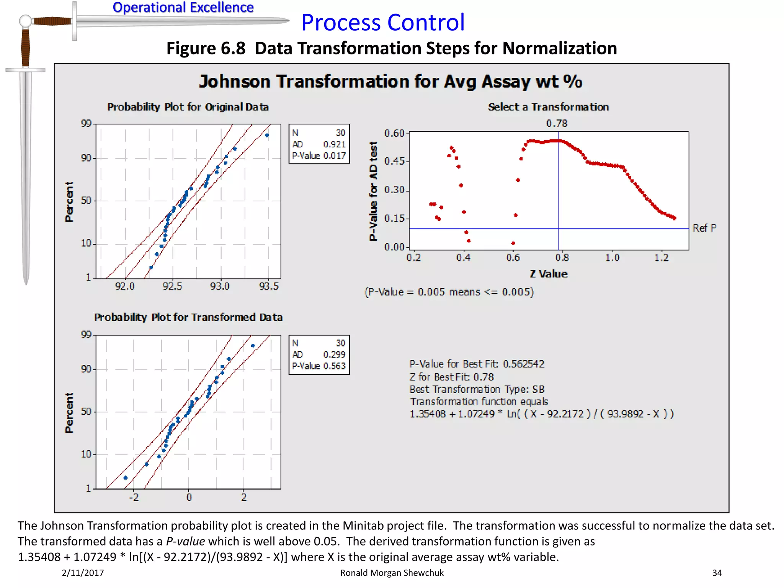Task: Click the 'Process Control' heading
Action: click(x=383, y=22)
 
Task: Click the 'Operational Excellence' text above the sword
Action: click(x=183, y=7)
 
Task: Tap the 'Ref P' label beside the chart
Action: click(x=704, y=228)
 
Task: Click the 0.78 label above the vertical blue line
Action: click(x=557, y=123)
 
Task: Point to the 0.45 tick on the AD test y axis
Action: click(x=394, y=161)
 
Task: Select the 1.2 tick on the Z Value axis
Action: click(x=661, y=258)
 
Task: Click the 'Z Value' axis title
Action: click(x=548, y=274)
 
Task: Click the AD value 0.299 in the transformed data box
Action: click(x=334, y=354)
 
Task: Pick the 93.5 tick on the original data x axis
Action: click(x=269, y=286)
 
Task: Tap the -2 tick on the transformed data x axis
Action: click(x=134, y=497)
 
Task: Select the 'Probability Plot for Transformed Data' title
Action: click(x=188, y=317)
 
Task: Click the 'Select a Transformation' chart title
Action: click(x=548, y=107)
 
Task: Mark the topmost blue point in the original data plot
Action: click(x=267, y=135)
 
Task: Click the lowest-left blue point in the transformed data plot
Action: click(x=126, y=478)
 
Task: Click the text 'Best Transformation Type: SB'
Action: click(x=477, y=389)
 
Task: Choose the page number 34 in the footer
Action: click(x=717, y=573)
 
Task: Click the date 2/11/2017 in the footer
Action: click(x=83, y=573)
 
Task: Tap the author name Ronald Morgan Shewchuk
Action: click(x=392, y=573)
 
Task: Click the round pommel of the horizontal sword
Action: click(x=25, y=21)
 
